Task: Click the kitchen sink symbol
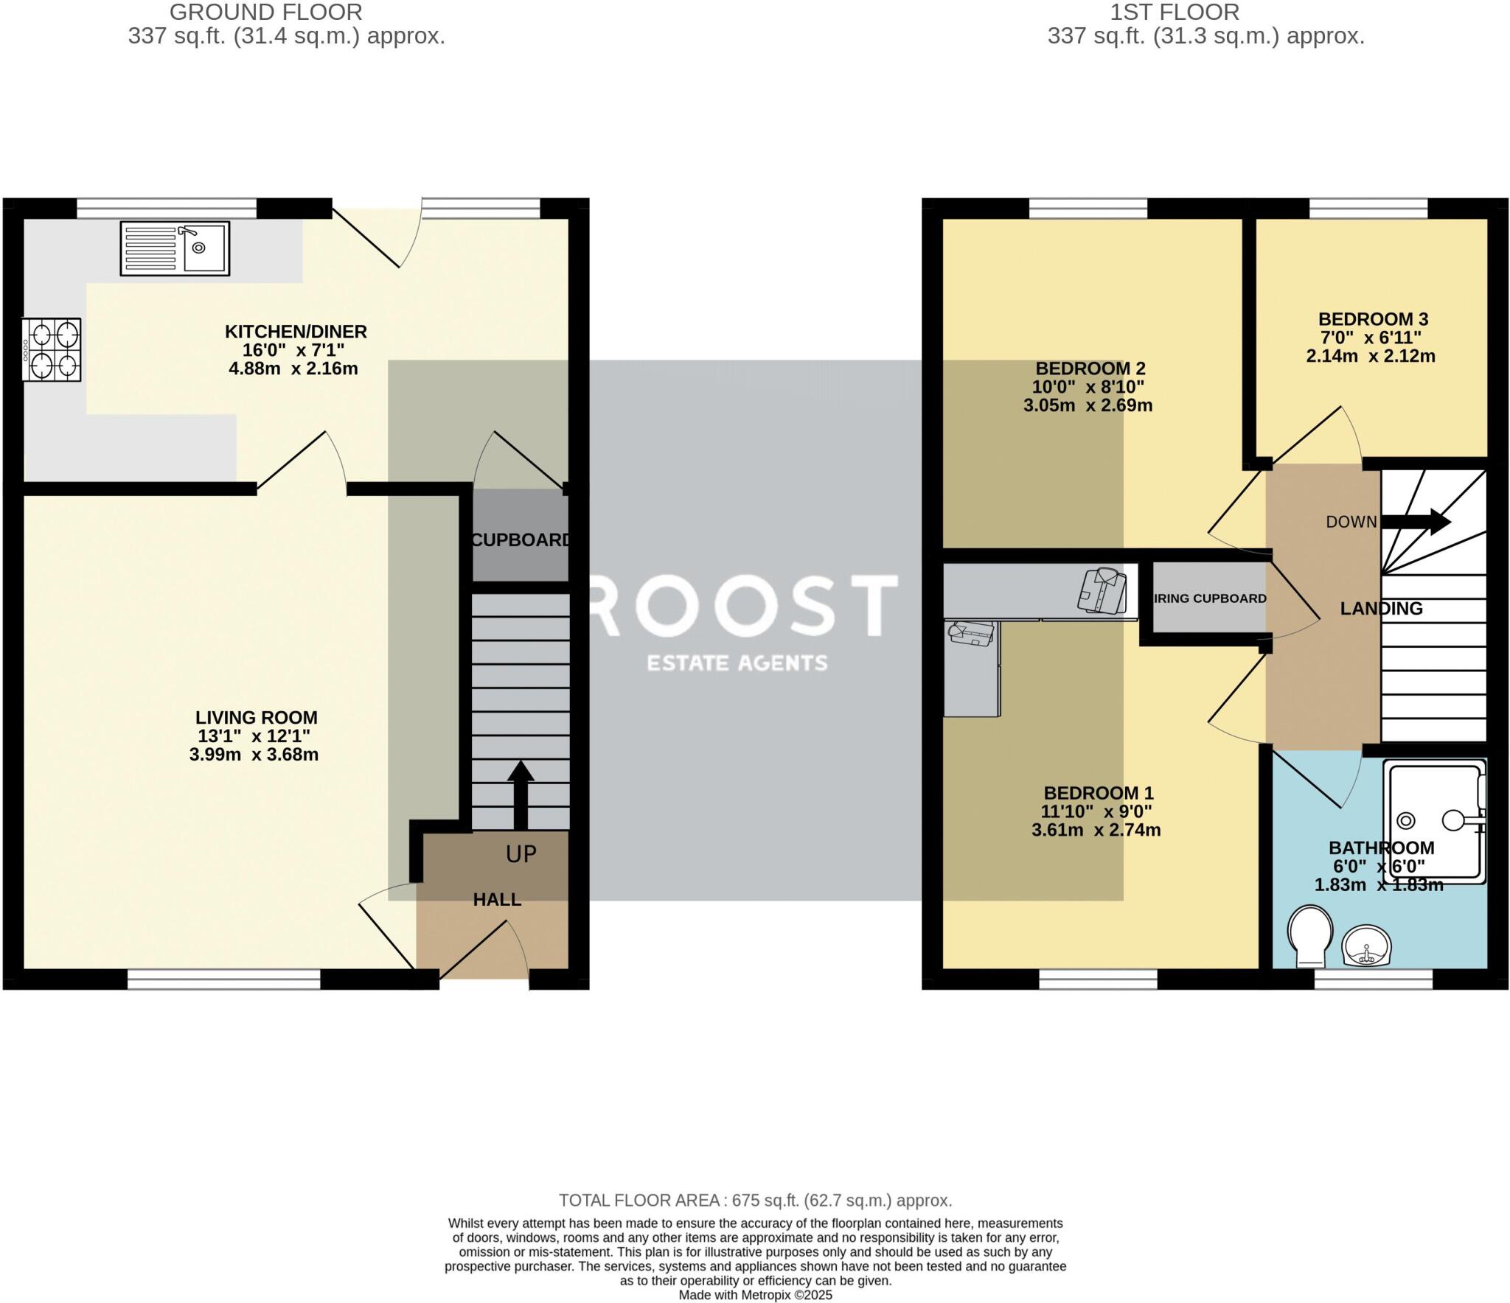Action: tap(175, 248)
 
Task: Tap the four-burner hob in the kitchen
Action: tap(52, 349)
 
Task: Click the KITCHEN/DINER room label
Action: tap(296, 332)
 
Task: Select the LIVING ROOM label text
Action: tap(256, 717)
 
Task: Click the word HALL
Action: tap(497, 899)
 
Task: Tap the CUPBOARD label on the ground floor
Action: tap(521, 539)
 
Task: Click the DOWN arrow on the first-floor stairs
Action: tap(1415, 522)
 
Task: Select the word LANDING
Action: tap(1381, 608)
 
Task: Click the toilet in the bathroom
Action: tap(1310, 935)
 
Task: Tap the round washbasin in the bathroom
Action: tap(1366, 946)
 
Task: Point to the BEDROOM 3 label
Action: tap(1373, 319)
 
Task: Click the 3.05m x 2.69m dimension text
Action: tap(1088, 405)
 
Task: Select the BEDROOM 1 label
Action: tap(1098, 793)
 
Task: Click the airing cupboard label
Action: tap(1210, 598)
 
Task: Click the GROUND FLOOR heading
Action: tap(265, 12)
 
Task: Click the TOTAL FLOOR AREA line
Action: tap(755, 1201)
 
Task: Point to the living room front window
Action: tap(223, 979)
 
